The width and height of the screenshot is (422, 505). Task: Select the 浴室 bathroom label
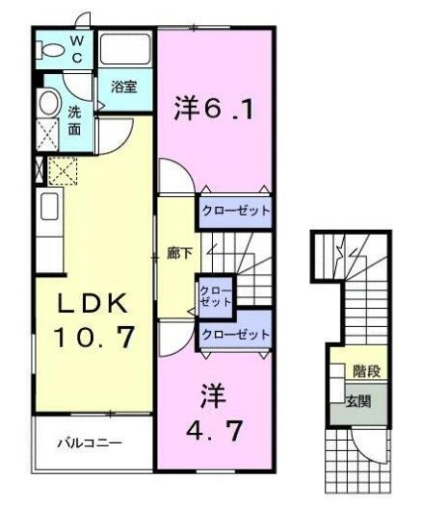(123, 87)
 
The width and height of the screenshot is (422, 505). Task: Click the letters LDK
(91, 303)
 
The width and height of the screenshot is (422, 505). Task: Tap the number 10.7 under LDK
(93, 338)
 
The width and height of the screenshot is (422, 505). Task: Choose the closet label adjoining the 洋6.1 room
(234, 210)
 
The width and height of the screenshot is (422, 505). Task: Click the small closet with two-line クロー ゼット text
(216, 294)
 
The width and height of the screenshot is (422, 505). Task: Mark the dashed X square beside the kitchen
(63, 172)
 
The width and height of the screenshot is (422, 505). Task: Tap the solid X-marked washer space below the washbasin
(46, 133)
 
